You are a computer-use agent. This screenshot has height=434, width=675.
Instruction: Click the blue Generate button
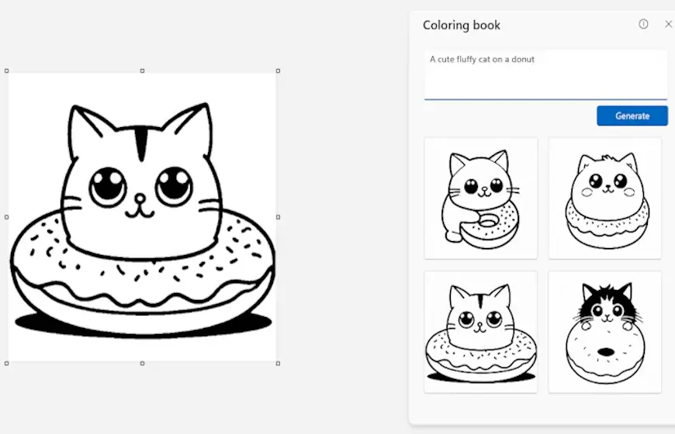(x=632, y=115)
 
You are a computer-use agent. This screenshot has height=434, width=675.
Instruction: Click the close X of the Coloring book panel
(x=669, y=24)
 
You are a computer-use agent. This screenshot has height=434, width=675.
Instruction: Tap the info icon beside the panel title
(x=643, y=24)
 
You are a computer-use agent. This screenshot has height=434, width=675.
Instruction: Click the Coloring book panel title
(x=462, y=26)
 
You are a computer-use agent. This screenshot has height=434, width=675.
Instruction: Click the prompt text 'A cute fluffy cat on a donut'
(x=482, y=60)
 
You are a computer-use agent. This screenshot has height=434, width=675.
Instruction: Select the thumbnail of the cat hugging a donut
(x=480, y=198)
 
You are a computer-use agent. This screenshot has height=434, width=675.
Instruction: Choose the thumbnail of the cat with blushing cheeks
(x=605, y=198)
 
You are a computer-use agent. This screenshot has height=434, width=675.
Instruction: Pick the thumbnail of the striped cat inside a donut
(x=480, y=332)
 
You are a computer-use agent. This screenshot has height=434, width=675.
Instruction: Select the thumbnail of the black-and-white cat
(x=605, y=332)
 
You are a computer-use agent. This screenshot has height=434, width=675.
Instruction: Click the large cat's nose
(x=140, y=198)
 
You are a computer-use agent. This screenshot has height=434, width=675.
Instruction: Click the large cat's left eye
(x=108, y=187)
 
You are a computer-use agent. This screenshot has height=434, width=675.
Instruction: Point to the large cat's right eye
(x=174, y=186)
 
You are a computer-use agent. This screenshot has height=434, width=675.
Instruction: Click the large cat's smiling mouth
(x=140, y=212)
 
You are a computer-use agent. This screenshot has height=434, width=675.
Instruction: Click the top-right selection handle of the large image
(x=278, y=71)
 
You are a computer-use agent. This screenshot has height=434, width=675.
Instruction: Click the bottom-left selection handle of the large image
(x=6, y=363)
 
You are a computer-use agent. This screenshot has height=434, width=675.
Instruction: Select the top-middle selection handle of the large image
(x=143, y=71)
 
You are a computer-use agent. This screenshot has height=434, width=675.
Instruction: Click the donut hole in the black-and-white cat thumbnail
(x=606, y=353)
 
